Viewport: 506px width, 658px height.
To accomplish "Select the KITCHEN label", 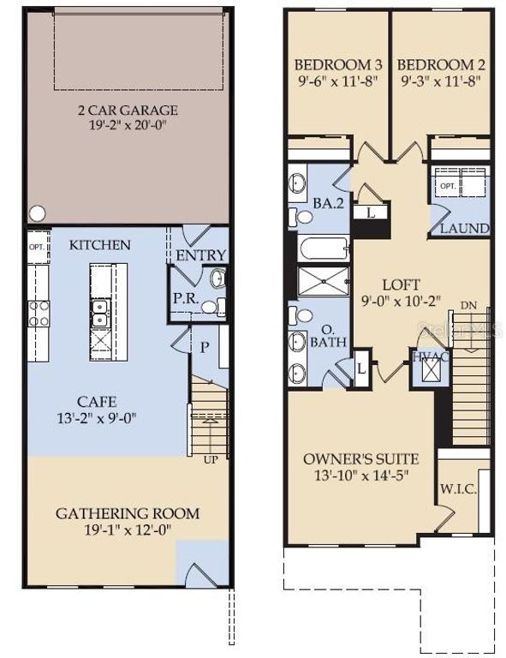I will (x=100, y=245).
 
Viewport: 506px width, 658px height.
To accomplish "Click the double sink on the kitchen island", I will (x=99, y=308).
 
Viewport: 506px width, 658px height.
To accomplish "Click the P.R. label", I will (x=186, y=298).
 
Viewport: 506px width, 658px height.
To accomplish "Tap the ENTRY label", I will (x=200, y=255).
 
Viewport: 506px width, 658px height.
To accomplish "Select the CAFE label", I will (x=96, y=402).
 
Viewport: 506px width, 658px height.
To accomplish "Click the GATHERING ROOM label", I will (x=128, y=513).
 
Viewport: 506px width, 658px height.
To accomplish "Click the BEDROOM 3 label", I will (x=337, y=65).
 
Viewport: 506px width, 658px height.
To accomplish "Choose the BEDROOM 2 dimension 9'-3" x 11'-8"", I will (x=440, y=82).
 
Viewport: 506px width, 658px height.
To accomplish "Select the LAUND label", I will (x=464, y=229).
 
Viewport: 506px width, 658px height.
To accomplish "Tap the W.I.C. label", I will (x=454, y=490).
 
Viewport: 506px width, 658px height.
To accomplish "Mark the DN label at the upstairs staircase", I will (x=468, y=306).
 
